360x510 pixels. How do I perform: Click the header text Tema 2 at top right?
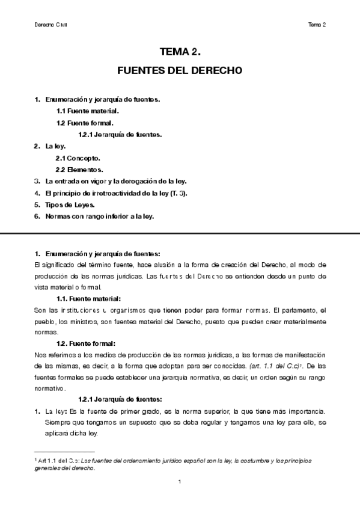pos(317,25)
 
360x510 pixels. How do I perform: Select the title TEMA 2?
pos(180,51)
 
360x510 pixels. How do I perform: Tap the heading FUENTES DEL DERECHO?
pos(180,70)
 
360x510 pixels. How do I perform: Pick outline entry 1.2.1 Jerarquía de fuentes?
pos(120,134)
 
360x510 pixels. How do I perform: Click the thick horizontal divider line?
pos(180,232)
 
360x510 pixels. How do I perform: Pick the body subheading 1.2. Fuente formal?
pos(85,343)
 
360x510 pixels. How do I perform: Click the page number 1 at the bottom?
pos(180,482)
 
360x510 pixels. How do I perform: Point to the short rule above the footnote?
pos(65,452)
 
